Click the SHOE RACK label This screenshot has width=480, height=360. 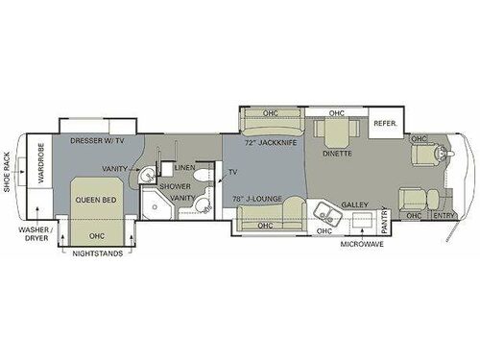pos(8,176)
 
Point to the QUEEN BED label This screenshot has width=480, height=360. pos(96,200)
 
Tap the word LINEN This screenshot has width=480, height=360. pos(184,169)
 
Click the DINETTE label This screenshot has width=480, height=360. pos(336,154)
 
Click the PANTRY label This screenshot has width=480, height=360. pos(387,220)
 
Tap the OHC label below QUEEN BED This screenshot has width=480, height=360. pos(96,235)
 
